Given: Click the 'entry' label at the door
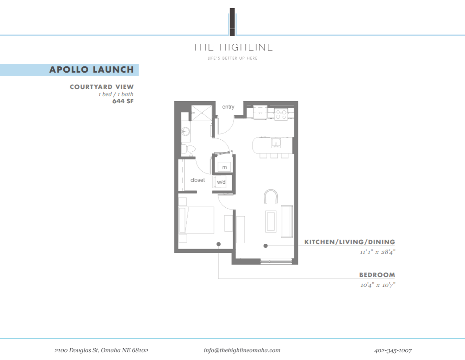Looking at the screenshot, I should [228, 107].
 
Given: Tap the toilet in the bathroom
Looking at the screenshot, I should [189, 149].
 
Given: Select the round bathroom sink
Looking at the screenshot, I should [186, 132].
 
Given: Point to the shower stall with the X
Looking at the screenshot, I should [202, 113].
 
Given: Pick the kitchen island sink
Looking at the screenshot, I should [276, 143].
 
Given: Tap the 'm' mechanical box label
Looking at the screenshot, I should [224, 167].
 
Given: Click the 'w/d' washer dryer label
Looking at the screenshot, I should [221, 182].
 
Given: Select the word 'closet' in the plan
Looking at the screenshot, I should [198, 180].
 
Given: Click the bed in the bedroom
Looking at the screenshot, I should [197, 220].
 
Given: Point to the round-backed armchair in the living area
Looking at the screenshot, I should [271, 197].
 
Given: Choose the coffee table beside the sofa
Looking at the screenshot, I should [271, 221].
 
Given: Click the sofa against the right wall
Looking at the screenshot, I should [287, 221].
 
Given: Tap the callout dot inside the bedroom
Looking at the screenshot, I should [219, 244].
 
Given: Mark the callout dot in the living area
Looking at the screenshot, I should [265, 246].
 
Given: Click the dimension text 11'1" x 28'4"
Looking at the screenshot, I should [377, 252].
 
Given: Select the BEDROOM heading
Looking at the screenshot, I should [377, 275].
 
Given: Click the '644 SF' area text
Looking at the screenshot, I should [123, 101].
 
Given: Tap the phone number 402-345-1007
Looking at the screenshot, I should [393, 350].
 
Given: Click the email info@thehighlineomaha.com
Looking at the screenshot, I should [242, 350].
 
